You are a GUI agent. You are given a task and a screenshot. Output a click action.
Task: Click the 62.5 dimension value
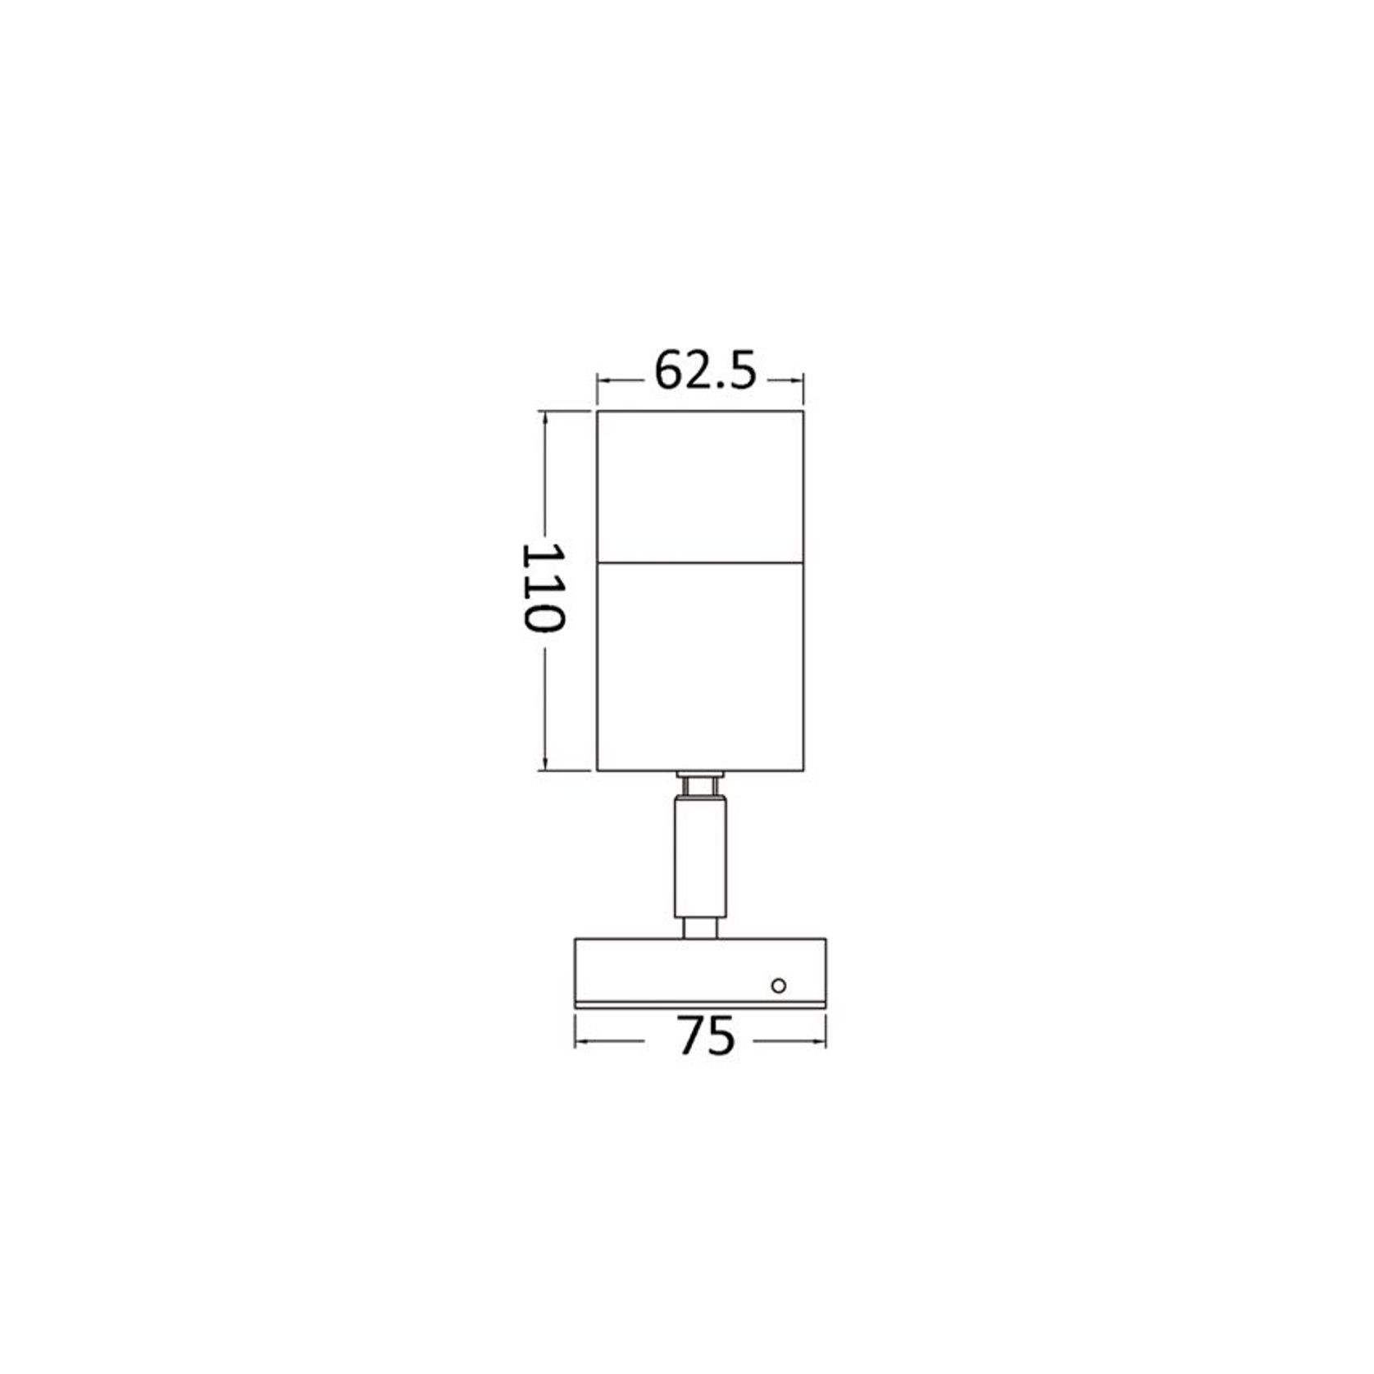(704, 371)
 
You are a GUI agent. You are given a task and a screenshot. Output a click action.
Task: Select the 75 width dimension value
(707, 1036)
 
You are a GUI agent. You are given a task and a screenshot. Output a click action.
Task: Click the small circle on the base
(779, 985)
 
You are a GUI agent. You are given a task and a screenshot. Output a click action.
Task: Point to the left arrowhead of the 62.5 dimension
(602, 380)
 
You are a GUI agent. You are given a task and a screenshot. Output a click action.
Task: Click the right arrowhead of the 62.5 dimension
(798, 380)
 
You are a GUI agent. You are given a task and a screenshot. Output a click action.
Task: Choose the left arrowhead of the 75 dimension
(580, 1041)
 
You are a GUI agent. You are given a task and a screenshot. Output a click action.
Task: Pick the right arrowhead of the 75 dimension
(821, 1041)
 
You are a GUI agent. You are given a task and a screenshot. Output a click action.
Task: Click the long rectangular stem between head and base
(700, 857)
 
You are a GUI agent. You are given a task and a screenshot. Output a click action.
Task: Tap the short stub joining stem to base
(700, 928)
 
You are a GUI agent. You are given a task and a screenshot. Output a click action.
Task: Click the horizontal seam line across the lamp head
(700, 562)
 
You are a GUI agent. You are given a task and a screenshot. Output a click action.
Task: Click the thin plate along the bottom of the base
(700, 1004)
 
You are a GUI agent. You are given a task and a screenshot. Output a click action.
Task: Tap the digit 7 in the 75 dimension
(692, 1036)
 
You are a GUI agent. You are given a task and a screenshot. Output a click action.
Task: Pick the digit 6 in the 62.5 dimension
(670, 371)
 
